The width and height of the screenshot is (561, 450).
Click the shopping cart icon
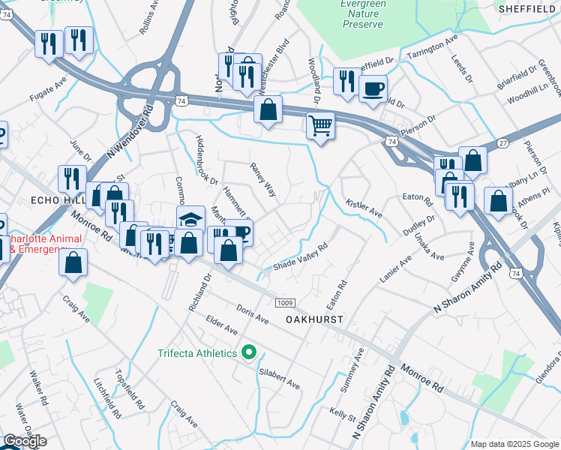pyautogui.click(x=320, y=125)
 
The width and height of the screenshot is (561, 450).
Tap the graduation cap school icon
pyautogui.click(x=191, y=220)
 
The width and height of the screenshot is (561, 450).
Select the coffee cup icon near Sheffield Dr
pyautogui.click(x=373, y=89)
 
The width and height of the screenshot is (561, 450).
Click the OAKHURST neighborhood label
pyautogui.click(x=314, y=319)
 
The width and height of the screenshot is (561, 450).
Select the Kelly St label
pyautogui.click(x=342, y=411)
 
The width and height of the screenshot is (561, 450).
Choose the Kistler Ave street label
pyautogui.click(x=364, y=208)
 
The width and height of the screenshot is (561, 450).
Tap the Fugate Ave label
pyautogui.click(x=49, y=88)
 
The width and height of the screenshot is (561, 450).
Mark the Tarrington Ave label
pyautogui.click(x=431, y=46)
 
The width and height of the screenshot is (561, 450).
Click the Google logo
pyautogui.click(x=25, y=441)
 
